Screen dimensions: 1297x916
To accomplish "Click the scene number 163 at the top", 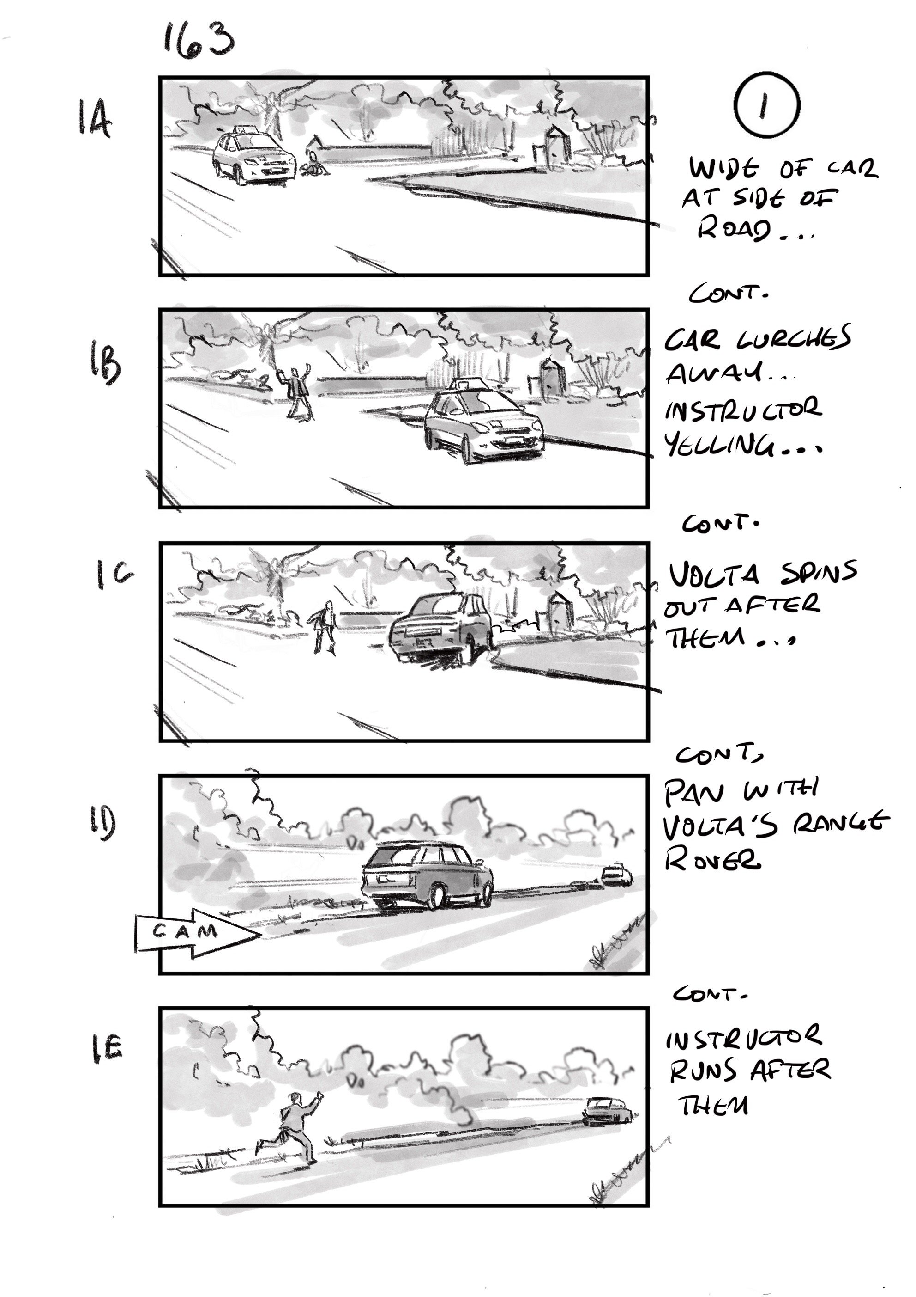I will [x=198, y=41].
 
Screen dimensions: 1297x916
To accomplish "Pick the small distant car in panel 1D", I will [x=616, y=875].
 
